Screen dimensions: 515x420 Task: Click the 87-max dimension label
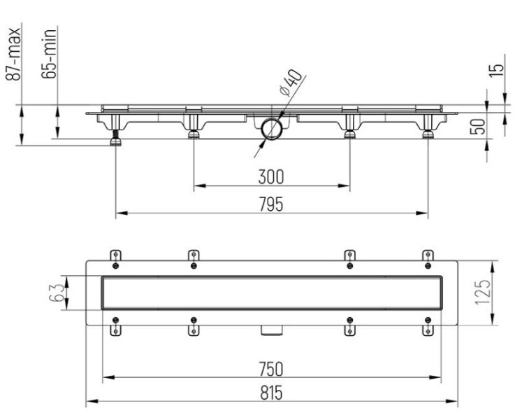[x=13, y=55]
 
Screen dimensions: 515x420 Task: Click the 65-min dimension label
[x=49, y=54]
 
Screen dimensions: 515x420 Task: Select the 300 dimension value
[x=271, y=176]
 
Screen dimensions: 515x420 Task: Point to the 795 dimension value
[x=271, y=204]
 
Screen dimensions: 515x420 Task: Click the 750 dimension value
[x=271, y=369]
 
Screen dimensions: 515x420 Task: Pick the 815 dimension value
[x=271, y=393]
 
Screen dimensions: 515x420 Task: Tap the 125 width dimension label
[x=483, y=293]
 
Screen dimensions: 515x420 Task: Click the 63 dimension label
[x=56, y=293]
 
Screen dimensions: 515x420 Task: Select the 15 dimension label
[x=496, y=71]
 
